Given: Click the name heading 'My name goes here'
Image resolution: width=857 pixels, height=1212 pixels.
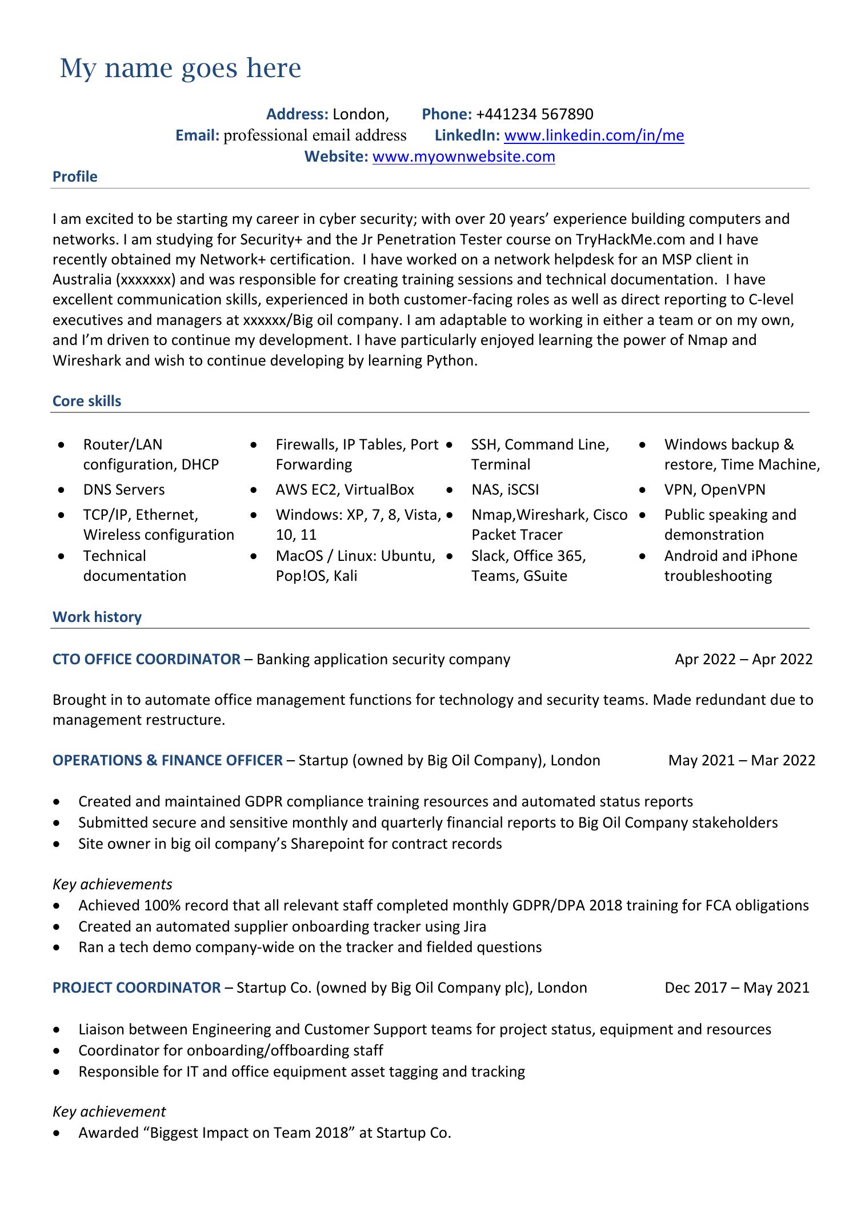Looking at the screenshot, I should click(x=180, y=69).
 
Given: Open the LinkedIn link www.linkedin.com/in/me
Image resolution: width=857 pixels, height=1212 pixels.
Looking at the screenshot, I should click(x=594, y=135).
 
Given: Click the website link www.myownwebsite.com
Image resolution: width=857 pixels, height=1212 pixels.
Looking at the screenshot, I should click(x=463, y=156).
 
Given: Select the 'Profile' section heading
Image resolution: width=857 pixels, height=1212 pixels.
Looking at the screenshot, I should click(x=75, y=176).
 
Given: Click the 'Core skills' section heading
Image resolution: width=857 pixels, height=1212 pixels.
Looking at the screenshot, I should click(x=87, y=401).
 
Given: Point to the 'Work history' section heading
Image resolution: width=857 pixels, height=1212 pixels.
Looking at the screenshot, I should click(x=97, y=617).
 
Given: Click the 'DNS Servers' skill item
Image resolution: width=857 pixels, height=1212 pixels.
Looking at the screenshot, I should click(x=123, y=489).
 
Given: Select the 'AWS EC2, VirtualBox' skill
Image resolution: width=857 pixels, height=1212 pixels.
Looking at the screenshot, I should click(x=345, y=489).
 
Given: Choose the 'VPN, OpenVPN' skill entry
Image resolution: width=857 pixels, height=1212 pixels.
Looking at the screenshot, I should click(x=714, y=489).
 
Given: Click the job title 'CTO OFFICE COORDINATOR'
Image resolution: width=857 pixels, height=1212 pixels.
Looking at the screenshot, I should click(x=146, y=659).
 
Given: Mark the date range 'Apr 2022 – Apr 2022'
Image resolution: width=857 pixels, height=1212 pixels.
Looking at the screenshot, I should click(x=743, y=659).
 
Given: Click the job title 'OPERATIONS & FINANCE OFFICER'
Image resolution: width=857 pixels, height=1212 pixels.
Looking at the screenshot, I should click(x=167, y=760).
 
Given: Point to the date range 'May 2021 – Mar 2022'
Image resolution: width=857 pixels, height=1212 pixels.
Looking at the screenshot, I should click(x=742, y=760).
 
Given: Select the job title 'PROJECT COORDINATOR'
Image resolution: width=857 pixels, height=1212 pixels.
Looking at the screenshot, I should click(x=137, y=988).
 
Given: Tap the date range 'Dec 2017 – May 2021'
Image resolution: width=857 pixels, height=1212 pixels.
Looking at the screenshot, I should click(x=737, y=988).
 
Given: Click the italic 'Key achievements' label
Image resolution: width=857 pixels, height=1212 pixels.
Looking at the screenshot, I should click(x=112, y=884).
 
